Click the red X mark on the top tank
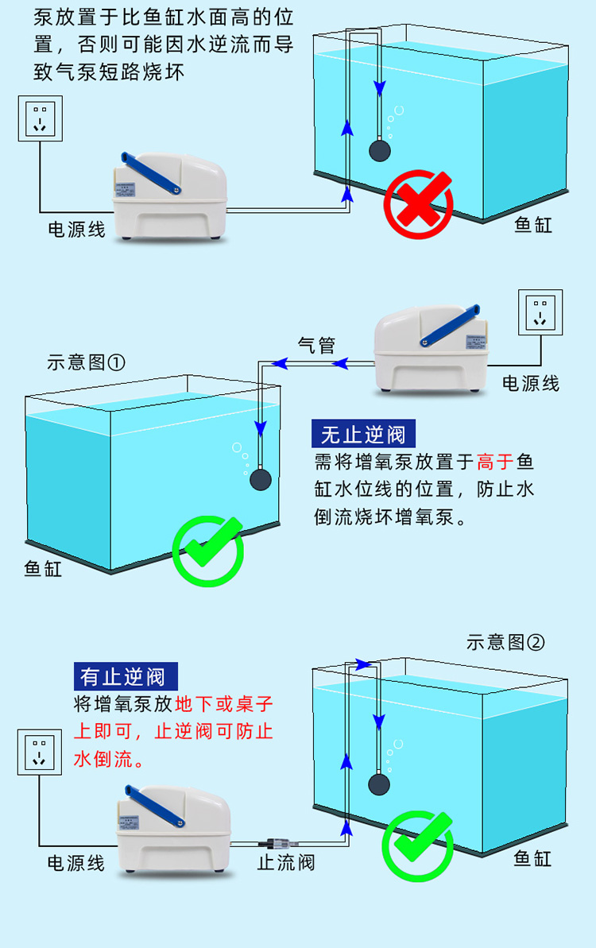coord(418,205)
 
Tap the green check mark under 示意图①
coord(208,550)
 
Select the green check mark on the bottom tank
coord(418,845)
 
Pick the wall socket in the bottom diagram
coord(38,753)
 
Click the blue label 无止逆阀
coord(364,435)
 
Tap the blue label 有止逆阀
coord(125,676)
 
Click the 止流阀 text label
coord(286,862)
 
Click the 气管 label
coord(316,346)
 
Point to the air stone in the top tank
coord(379,150)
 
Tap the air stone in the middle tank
coord(260,480)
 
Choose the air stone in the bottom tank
coord(379,784)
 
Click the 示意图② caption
coord(506,642)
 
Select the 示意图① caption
coord(87,363)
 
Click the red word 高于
coord(496,462)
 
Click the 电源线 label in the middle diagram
coord(531,384)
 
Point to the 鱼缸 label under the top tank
coord(533,225)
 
